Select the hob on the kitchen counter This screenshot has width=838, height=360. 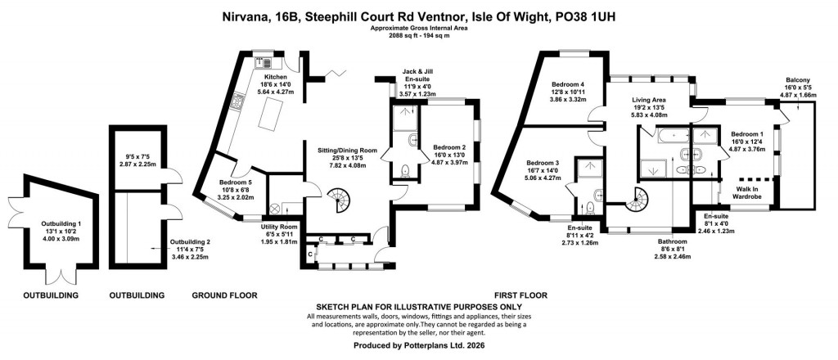[238, 101]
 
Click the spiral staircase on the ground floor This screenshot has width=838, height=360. [338, 199]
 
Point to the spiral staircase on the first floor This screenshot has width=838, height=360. [636, 197]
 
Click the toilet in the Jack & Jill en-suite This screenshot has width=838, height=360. [405, 171]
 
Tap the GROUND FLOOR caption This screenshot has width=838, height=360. [225, 295]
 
